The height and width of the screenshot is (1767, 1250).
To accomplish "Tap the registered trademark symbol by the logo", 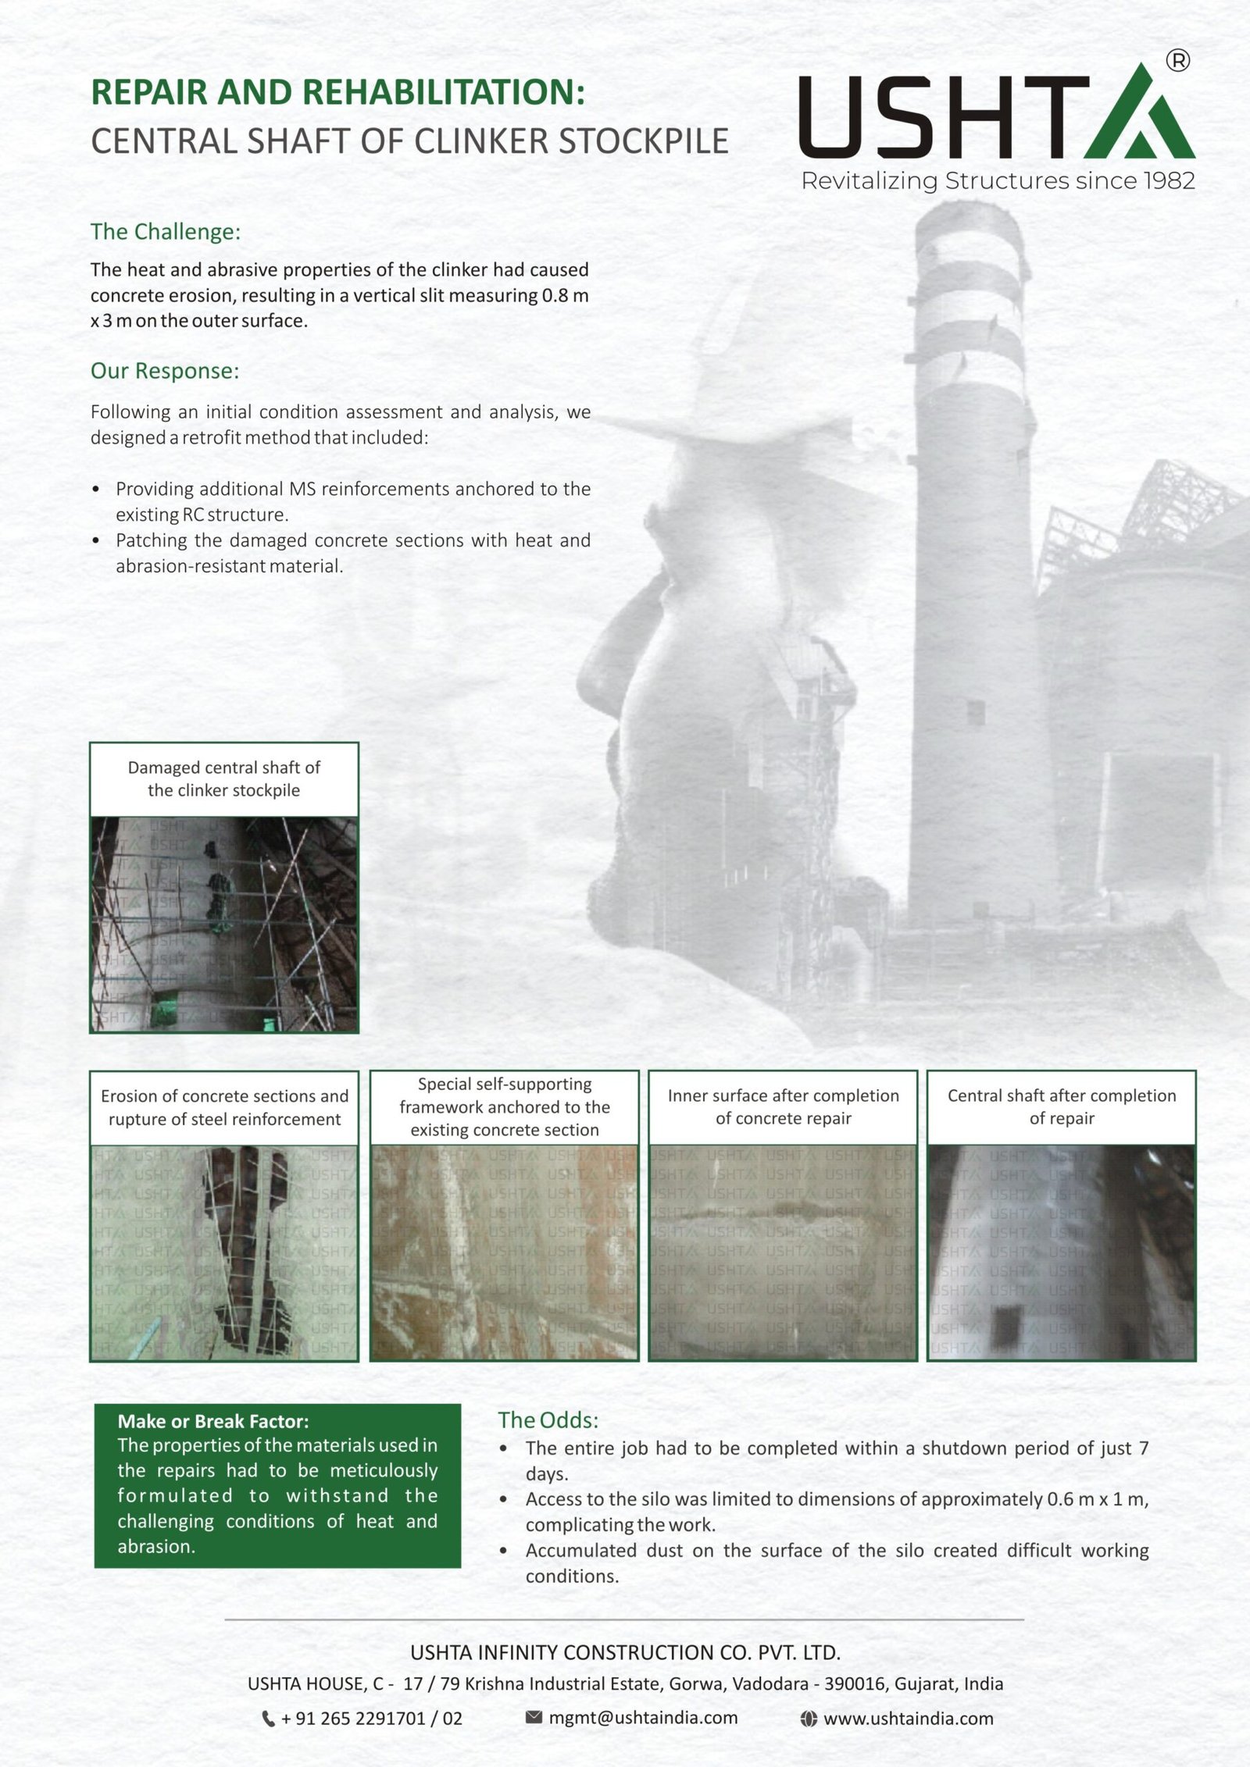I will [1177, 60].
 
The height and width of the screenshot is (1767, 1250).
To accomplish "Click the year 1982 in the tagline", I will [1168, 181].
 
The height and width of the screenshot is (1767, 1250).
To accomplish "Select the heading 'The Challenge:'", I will [166, 232].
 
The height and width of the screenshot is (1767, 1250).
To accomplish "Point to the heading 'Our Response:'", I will [165, 371].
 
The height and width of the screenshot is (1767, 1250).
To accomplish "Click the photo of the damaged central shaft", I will [224, 924].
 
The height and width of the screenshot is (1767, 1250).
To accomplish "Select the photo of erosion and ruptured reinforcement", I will [224, 1252].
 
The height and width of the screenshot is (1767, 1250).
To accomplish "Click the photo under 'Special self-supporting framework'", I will [504, 1252].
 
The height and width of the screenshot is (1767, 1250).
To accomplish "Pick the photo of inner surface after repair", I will [783, 1252].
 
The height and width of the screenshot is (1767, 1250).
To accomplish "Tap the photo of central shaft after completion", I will [1061, 1252].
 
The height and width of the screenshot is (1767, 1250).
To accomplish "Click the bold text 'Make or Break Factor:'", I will [213, 1421].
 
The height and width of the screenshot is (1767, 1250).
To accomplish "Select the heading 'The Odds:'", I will [548, 1420].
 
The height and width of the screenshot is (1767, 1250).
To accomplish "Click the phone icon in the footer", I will [268, 1719].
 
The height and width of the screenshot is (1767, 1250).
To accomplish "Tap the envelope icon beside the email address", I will [534, 1717].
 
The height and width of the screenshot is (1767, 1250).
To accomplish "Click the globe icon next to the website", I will [809, 1719].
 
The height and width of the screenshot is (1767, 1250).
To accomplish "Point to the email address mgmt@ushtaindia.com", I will [643, 1718].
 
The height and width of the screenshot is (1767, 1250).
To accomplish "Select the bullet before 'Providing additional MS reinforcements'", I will [96, 490].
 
